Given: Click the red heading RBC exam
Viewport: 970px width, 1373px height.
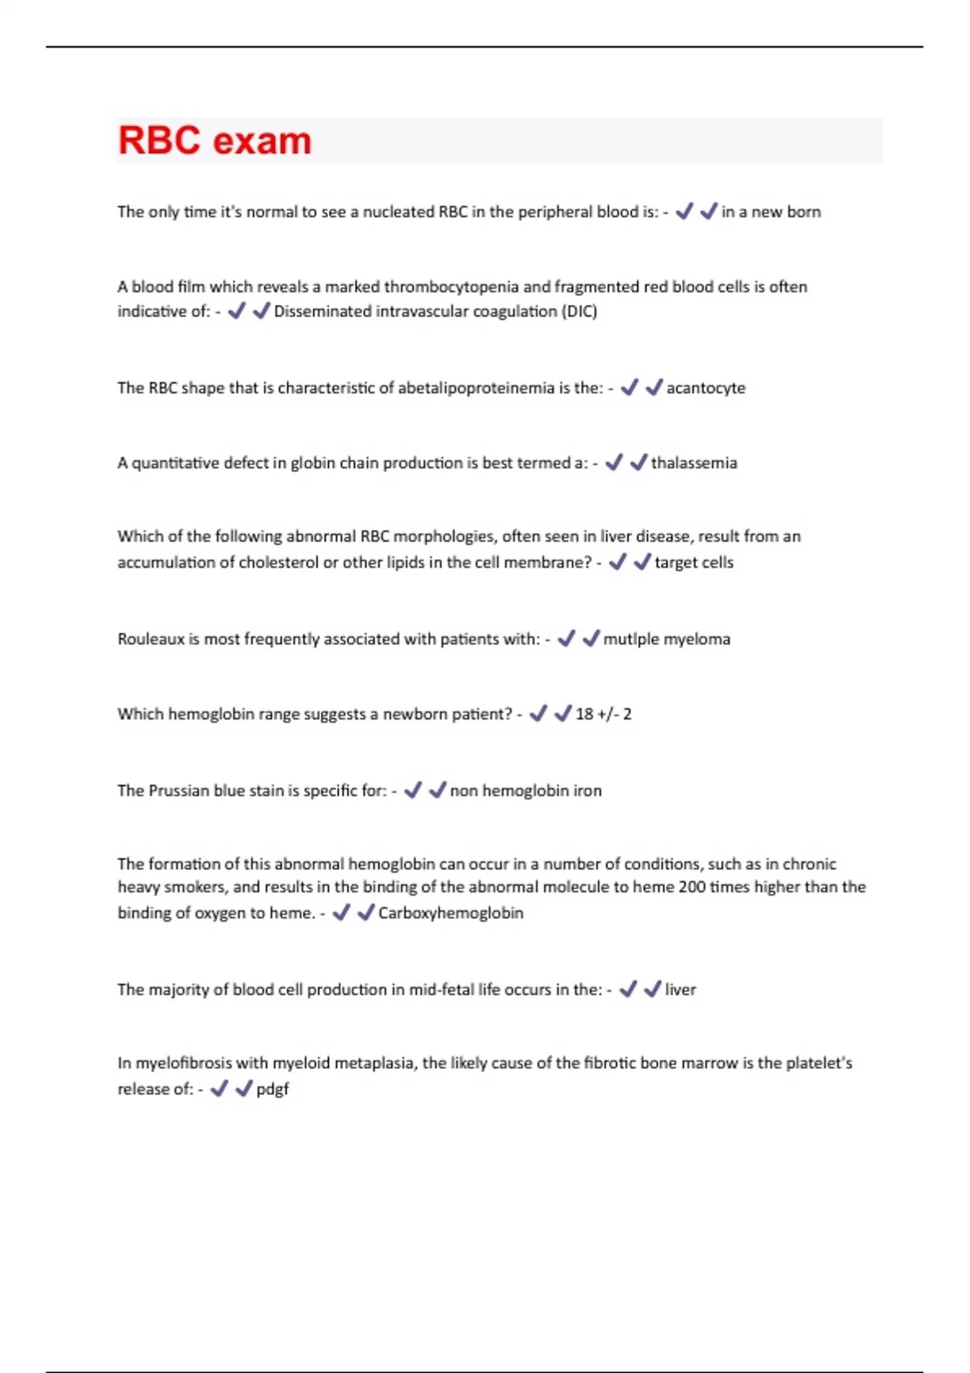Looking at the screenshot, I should pos(214,141).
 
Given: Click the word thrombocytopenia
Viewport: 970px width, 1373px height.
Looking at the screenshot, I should pos(451,287).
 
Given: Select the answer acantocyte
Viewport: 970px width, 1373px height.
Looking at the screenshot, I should pos(706,388).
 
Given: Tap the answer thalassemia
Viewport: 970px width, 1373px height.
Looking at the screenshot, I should pos(694,463).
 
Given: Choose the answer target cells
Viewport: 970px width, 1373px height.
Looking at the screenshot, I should pos(694,562).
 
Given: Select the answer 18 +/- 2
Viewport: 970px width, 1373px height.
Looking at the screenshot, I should pos(603,714).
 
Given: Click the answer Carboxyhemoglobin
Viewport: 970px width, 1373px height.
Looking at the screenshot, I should pos(450,913).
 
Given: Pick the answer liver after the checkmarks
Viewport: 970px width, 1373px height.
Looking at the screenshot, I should pos(680,989).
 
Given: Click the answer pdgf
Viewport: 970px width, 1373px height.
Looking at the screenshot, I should pos(272,1090).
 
